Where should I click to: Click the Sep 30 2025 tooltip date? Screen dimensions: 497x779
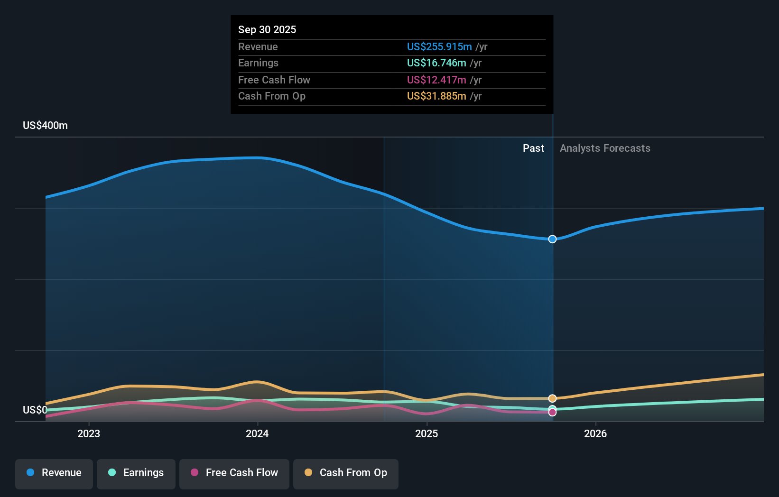pyautogui.click(x=267, y=29)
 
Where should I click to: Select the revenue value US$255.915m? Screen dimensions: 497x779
pyautogui.click(x=439, y=46)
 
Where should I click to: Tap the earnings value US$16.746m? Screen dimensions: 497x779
pyautogui.click(x=436, y=63)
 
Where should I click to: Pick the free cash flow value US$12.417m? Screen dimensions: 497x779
pyautogui.click(x=436, y=80)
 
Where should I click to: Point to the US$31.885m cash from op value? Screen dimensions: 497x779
pyautogui.click(x=436, y=96)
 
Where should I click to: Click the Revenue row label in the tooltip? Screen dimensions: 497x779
pyautogui.click(x=258, y=46)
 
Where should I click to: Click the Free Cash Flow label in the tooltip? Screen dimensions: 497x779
pyautogui.click(x=274, y=80)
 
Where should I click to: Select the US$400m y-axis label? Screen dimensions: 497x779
pyautogui.click(x=45, y=125)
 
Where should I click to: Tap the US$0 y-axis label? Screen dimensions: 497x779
pyautogui.click(x=35, y=410)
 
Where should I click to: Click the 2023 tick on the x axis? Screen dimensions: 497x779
pyautogui.click(x=89, y=433)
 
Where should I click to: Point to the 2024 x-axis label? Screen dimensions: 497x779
pyautogui.click(x=257, y=433)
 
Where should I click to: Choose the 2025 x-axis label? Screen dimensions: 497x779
pyautogui.click(x=427, y=433)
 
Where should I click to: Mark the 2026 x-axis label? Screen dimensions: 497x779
pyautogui.click(x=595, y=433)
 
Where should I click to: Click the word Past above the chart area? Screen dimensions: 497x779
pyautogui.click(x=533, y=148)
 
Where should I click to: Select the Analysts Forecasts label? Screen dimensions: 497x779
pyautogui.click(x=605, y=148)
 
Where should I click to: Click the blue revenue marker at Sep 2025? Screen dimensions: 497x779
pyautogui.click(x=552, y=239)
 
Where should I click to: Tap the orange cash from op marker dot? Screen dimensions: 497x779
pyautogui.click(x=552, y=398)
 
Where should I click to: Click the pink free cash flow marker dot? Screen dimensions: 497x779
pyautogui.click(x=552, y=413)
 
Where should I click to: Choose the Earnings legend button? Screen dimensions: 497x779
pyautogui.click(x=136, y=473)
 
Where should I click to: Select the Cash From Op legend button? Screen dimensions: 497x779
pyautogui.click(x=346, y=473)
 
